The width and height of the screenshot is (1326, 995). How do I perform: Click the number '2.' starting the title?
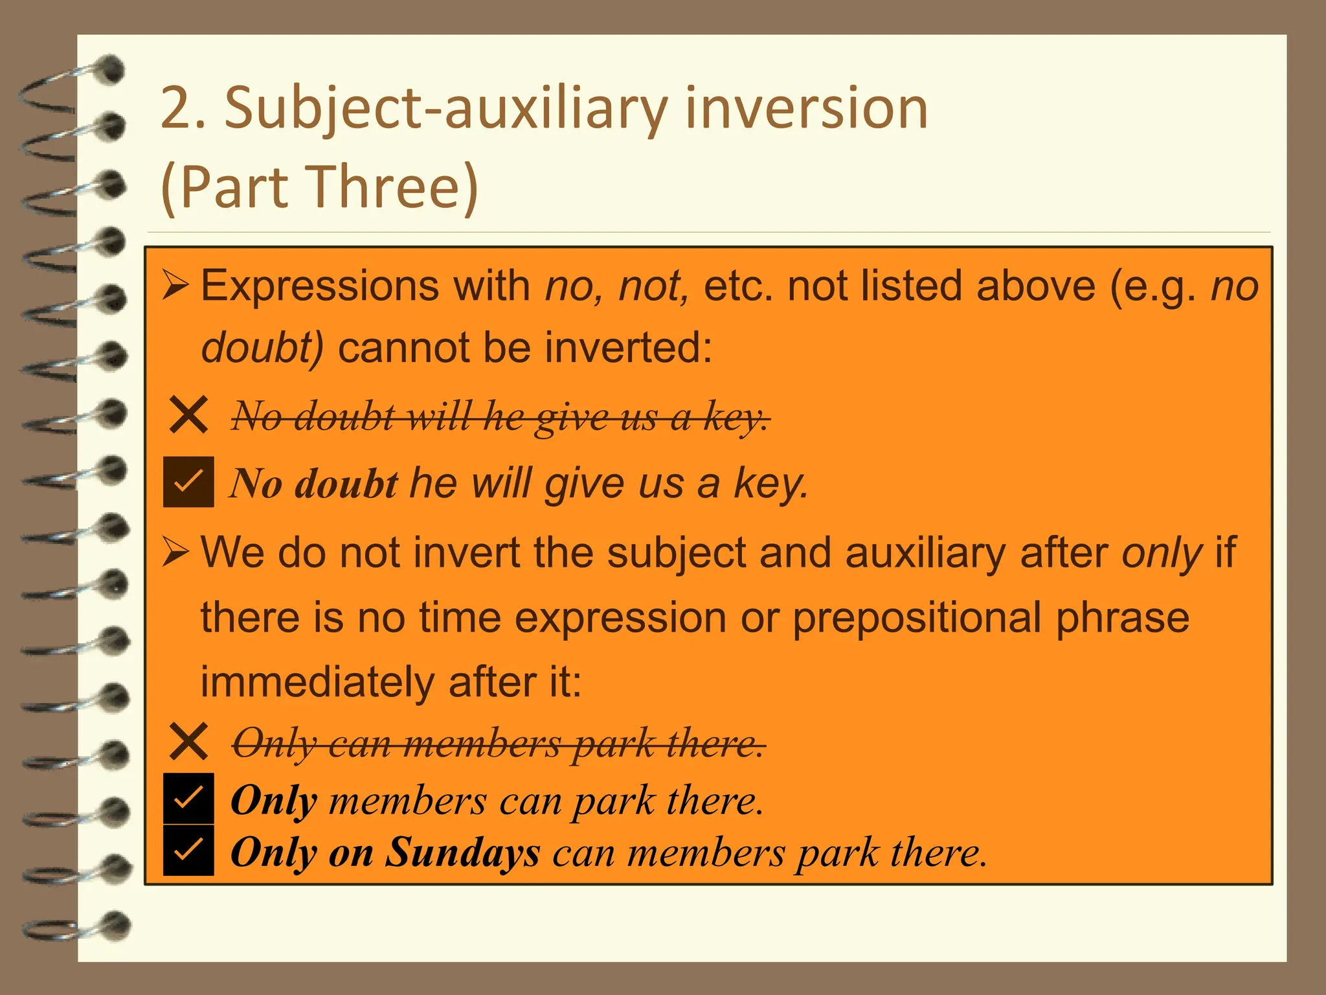(x=183, y=108)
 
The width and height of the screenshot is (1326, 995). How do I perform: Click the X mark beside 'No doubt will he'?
(x=188, y=415)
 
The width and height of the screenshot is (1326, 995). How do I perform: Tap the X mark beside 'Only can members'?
(x=188, y=742)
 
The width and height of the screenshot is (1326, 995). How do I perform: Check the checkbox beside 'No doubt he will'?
(x=188, y=482)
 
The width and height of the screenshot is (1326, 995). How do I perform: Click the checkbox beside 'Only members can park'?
(x=188, y=799)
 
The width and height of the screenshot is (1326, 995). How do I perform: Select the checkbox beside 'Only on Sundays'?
(x=188, y=850)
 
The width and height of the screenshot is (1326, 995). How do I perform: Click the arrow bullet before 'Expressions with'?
(x=175, y=286)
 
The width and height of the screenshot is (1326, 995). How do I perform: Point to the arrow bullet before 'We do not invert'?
(x=175, y=553)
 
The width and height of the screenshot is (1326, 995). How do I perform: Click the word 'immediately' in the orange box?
(x=317, y=683)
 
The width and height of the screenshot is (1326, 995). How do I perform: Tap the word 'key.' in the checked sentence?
(x=770, y=484)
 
